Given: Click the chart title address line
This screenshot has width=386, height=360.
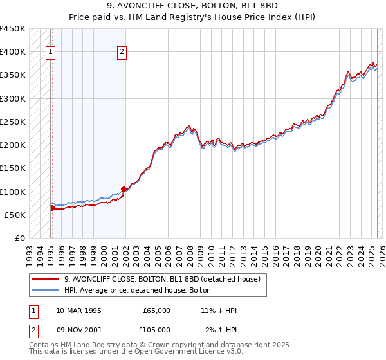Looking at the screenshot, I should coord(192,6).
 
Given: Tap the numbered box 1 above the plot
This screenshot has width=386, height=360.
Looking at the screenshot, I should coord(50,53).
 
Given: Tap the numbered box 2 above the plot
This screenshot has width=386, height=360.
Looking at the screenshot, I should coord(122,53).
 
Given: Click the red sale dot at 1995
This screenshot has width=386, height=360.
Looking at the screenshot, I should coord(52,208).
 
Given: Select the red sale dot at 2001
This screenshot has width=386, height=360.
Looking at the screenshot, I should coord(124,189).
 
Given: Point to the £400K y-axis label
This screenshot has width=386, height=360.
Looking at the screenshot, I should coord(13,52).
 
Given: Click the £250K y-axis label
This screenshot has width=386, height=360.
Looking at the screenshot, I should coord(13,122).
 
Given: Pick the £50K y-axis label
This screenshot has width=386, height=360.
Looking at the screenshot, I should coord(15,215).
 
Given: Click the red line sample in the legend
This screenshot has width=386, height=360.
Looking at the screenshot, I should coord(45,279).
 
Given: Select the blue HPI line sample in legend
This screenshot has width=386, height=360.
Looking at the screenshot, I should coord(45,289).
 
